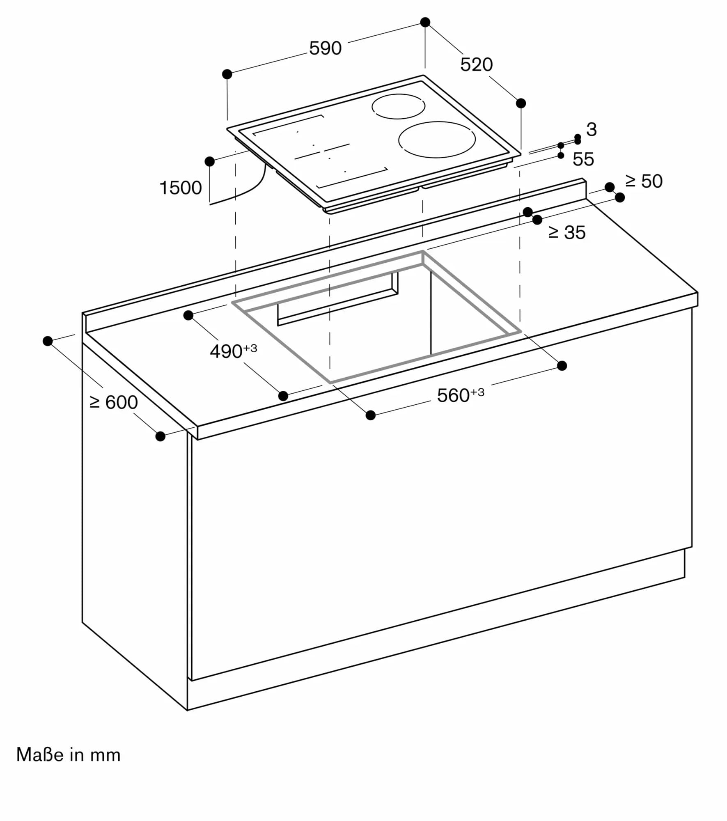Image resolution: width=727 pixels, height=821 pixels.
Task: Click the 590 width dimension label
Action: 325,48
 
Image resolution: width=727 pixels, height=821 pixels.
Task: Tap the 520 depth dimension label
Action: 476,65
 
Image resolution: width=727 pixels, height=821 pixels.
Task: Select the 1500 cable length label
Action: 180,188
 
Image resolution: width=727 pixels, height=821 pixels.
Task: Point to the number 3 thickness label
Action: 591,130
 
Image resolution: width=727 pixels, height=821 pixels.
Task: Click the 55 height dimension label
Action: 583,159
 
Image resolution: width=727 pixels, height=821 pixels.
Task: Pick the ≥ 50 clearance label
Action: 644,181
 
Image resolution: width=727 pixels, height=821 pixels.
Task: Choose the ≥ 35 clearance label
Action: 566,233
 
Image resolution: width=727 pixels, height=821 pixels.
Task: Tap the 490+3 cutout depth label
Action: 233,351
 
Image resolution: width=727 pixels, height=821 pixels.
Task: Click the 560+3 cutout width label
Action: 460,395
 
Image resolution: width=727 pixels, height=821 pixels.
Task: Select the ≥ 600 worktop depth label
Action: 113,402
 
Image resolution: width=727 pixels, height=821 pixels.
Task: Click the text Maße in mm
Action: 68,755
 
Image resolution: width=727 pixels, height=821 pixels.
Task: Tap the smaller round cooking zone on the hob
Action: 398,106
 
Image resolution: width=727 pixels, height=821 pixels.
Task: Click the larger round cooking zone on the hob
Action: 437,140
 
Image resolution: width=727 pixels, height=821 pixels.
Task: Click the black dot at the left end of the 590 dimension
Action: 227,74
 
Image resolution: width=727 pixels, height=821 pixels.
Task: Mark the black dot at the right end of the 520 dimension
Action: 521,103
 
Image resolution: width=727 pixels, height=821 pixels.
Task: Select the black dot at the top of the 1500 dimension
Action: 209,161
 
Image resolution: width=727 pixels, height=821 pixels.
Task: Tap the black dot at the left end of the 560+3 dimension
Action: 370,415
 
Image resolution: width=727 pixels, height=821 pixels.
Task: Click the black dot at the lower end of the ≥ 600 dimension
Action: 161,436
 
